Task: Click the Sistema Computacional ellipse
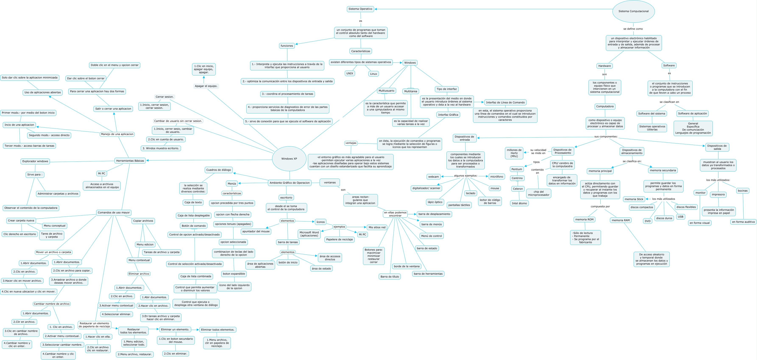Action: (x=633, y=11)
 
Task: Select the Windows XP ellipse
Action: (x=289, y=159)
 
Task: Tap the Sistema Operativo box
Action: (x=360, y=9)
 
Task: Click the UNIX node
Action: (x=350, y=74)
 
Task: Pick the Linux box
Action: (x=373, y=74)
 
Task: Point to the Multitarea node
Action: (x=411, y=91)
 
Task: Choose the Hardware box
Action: (x=604, y=66)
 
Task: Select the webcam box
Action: (x=433, y=177)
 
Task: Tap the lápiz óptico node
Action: (x=435, y=202)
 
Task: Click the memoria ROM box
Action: (x=584, y=220)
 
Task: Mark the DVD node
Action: (x=648, y=221)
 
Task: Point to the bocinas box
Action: (x=743, y=191)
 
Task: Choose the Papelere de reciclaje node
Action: (x=340, y=239)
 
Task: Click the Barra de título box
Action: (x=390, y=277)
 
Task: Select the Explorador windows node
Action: (x=35, y=161)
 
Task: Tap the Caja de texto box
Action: (x=193, y=203)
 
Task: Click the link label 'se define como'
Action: (x=633, y=29)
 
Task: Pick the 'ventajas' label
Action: (x=351, y=143)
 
